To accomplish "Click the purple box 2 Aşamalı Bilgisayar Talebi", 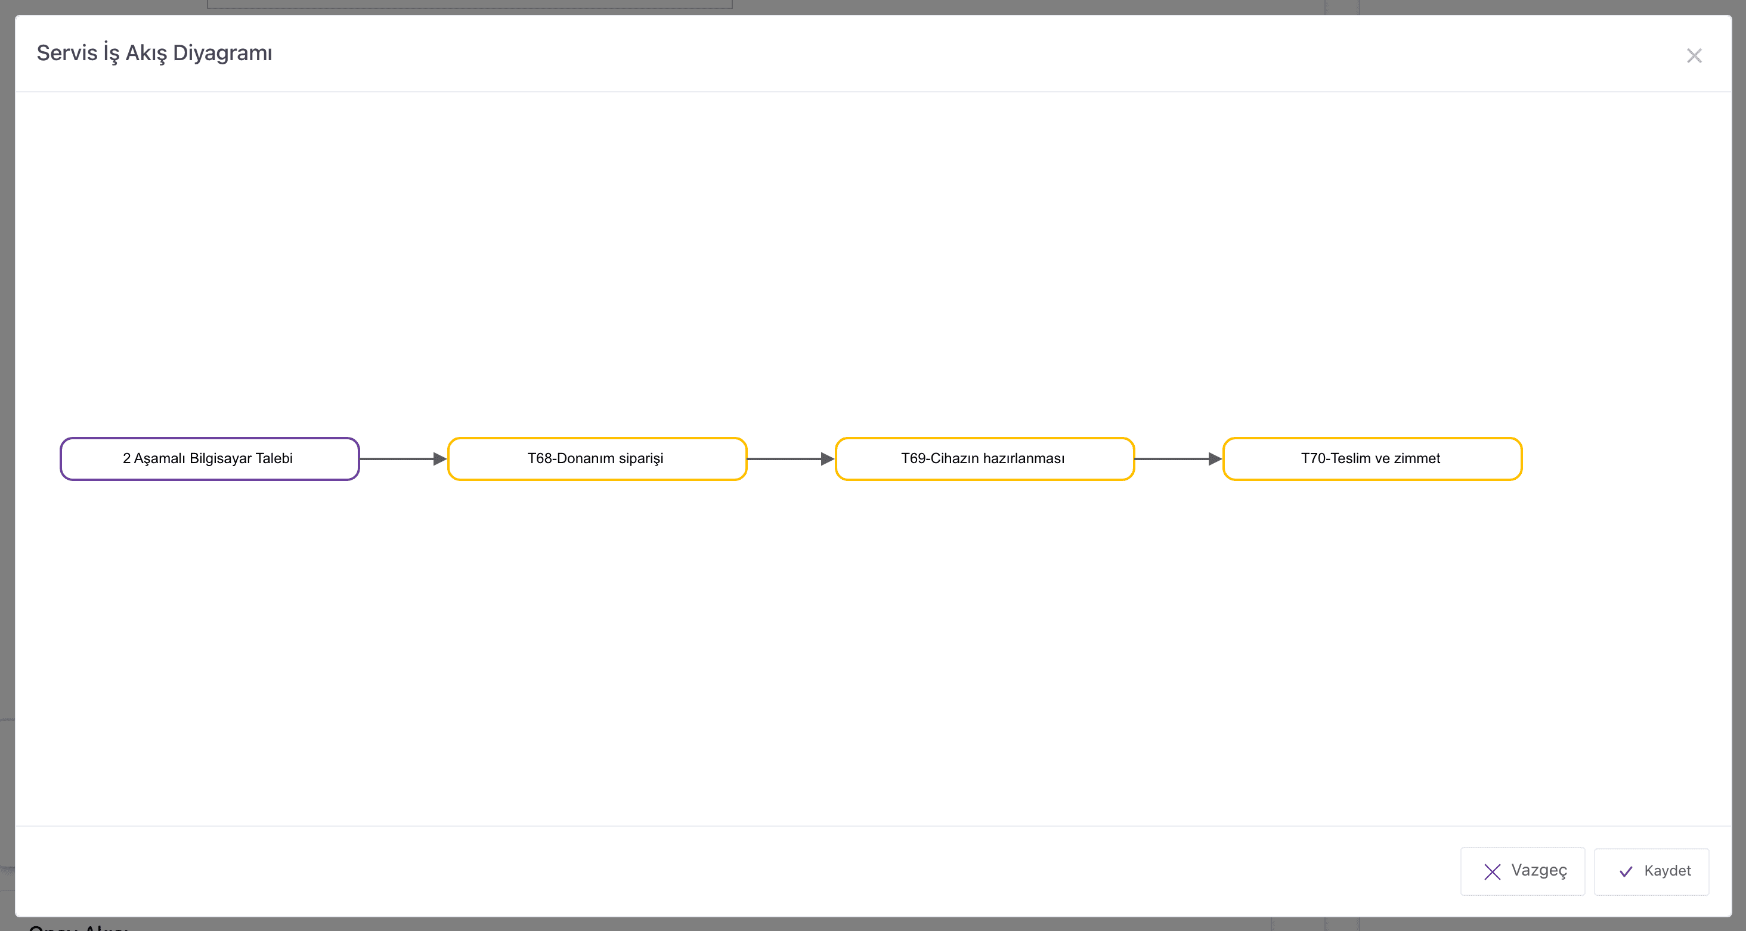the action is (x=209, y=459).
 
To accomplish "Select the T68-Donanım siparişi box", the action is (x=597, y=459).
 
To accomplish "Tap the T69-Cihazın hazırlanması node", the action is (x=985, y=459).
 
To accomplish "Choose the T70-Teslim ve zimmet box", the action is (x=1373, y=459).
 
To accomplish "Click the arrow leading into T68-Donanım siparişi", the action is (x=403, y=459).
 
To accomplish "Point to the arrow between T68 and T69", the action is (x=791, y=459).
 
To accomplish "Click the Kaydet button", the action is (x=1652, y=871).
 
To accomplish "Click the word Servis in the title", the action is (x=67, y=53).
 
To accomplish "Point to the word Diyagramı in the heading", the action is (x=222, y=54).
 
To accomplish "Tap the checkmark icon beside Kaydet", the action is (x=1626, y=871).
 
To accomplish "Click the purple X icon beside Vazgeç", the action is (x=1493, y=871).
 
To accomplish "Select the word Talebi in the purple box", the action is (x=274, y=459).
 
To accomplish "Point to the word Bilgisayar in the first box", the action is (x=221, y=459).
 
